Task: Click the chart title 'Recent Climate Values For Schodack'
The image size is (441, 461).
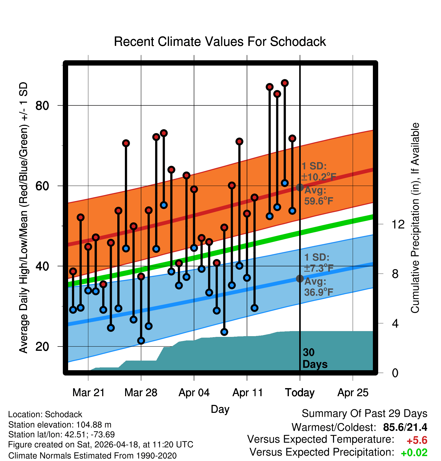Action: coord(220,42)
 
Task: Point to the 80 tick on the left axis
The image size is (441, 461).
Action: coord(42,105)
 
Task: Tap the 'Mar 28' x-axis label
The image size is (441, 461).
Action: coord(141,393)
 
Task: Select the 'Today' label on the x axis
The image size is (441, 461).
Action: coord(300,393)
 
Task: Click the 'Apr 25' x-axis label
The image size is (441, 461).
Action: coord(353,393)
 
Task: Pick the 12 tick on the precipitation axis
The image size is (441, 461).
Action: coord(398,224)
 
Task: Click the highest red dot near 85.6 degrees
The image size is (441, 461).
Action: coord(285,83)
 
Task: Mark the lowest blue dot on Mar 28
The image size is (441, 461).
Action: coord(141,341)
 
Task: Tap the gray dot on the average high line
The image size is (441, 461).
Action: coord(300,187)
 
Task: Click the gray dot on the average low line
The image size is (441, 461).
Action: coord(300,278)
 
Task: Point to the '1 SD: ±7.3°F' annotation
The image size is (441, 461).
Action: coord(319,263)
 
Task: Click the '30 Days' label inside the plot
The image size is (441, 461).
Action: coord(315,358)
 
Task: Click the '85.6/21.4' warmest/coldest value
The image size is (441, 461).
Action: coord(405,427)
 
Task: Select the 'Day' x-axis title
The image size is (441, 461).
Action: coord(220,409)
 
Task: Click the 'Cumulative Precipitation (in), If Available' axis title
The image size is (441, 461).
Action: coord(415,218)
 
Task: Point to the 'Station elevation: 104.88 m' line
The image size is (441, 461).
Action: coord(60,425)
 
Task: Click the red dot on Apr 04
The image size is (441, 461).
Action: coord(194,189)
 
